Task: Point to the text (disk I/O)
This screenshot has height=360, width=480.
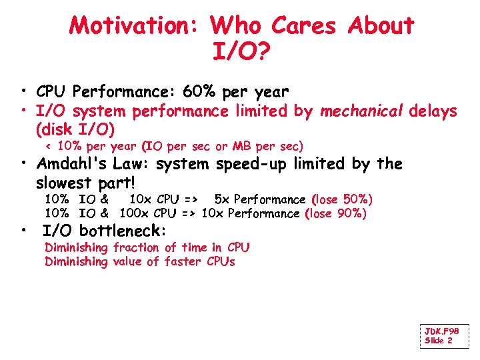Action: click(x=75, y=128)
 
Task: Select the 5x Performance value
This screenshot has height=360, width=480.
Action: click(x=260, y=199)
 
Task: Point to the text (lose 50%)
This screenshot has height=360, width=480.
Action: click(x=342, y=199)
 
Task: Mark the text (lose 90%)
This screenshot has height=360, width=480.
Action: click(x=336, y=213)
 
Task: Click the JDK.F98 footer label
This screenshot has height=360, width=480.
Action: click(x=441, y=331)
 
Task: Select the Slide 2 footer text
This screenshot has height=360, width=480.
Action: click(x=438, y=341)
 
